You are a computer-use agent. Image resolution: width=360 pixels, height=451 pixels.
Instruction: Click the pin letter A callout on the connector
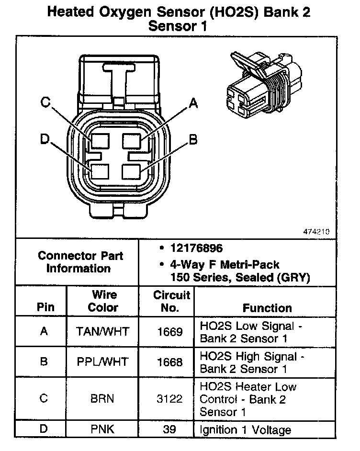click(193, 102)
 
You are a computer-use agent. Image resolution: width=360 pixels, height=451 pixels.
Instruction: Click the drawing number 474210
click(316, 231)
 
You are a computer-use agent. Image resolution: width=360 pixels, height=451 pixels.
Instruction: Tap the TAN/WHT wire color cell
click(103, 331)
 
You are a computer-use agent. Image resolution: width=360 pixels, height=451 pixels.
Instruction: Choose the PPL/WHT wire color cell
click(103, 361)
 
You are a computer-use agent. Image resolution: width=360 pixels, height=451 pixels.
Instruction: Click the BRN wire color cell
click(102, 398)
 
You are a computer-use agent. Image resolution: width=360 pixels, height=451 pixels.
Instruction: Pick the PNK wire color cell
click(102, 429)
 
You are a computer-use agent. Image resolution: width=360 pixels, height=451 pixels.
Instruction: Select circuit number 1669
click(169, 331)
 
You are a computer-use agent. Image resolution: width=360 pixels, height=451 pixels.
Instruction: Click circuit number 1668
click(169, 361)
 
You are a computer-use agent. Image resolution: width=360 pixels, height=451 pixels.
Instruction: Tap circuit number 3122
click(169, 398)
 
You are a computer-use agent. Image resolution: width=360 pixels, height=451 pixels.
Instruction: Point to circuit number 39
click(169, 429)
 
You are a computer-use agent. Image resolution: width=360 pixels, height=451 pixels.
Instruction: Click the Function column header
click(267, 308)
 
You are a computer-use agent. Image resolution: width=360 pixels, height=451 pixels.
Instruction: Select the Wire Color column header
click(103, 301)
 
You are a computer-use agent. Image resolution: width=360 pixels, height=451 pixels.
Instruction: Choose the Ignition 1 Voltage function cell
click(245, 429)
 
